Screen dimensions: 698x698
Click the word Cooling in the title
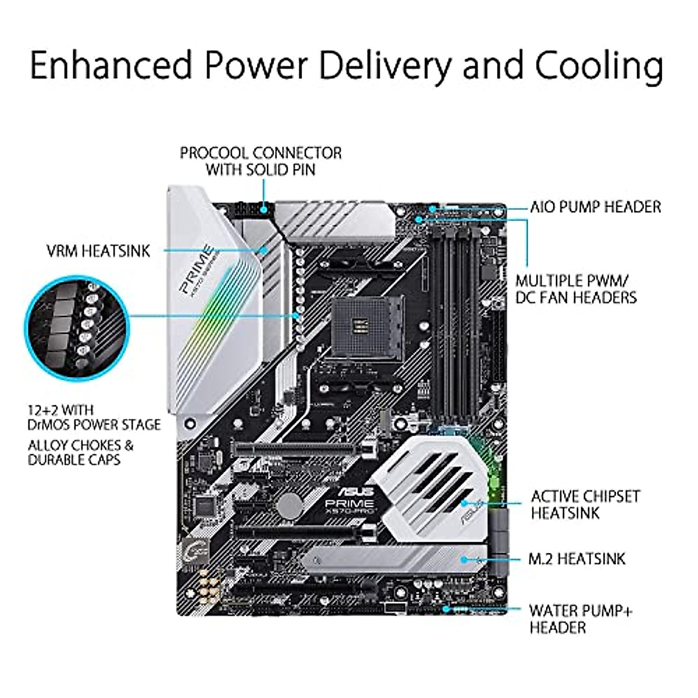(599, 65)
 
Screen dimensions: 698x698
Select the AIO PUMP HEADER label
(595, 206)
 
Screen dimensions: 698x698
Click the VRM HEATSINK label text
(98, 251)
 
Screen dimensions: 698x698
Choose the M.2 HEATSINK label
(576, 559)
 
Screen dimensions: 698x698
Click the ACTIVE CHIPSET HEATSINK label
(585, 505)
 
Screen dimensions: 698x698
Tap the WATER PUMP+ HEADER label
(581, 619)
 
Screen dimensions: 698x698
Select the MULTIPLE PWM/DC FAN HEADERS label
(576, 289)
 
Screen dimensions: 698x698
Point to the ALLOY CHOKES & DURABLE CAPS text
(80, 453)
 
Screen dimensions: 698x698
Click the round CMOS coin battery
(290, 505)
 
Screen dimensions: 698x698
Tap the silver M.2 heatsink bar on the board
(396, 560)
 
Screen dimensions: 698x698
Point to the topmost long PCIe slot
(297, 448)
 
